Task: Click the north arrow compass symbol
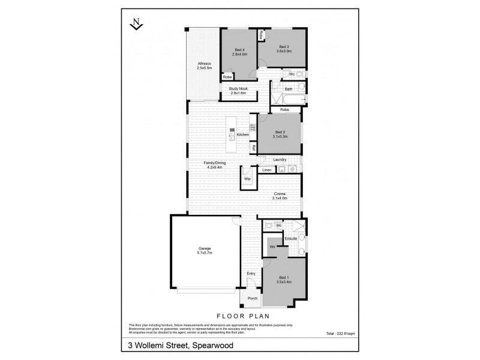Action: [x=137, y=24]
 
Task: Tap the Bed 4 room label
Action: [x=239, y=52]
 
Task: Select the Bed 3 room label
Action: [x=283, y=49]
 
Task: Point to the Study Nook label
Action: [x=238, y=91]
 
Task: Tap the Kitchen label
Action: [x=242, y=134]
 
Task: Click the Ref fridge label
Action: [x=254, y=148]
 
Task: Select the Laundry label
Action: [x=280, y=160]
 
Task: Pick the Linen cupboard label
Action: [x=267, y=170]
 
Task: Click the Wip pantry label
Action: [x=247, y=178]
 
